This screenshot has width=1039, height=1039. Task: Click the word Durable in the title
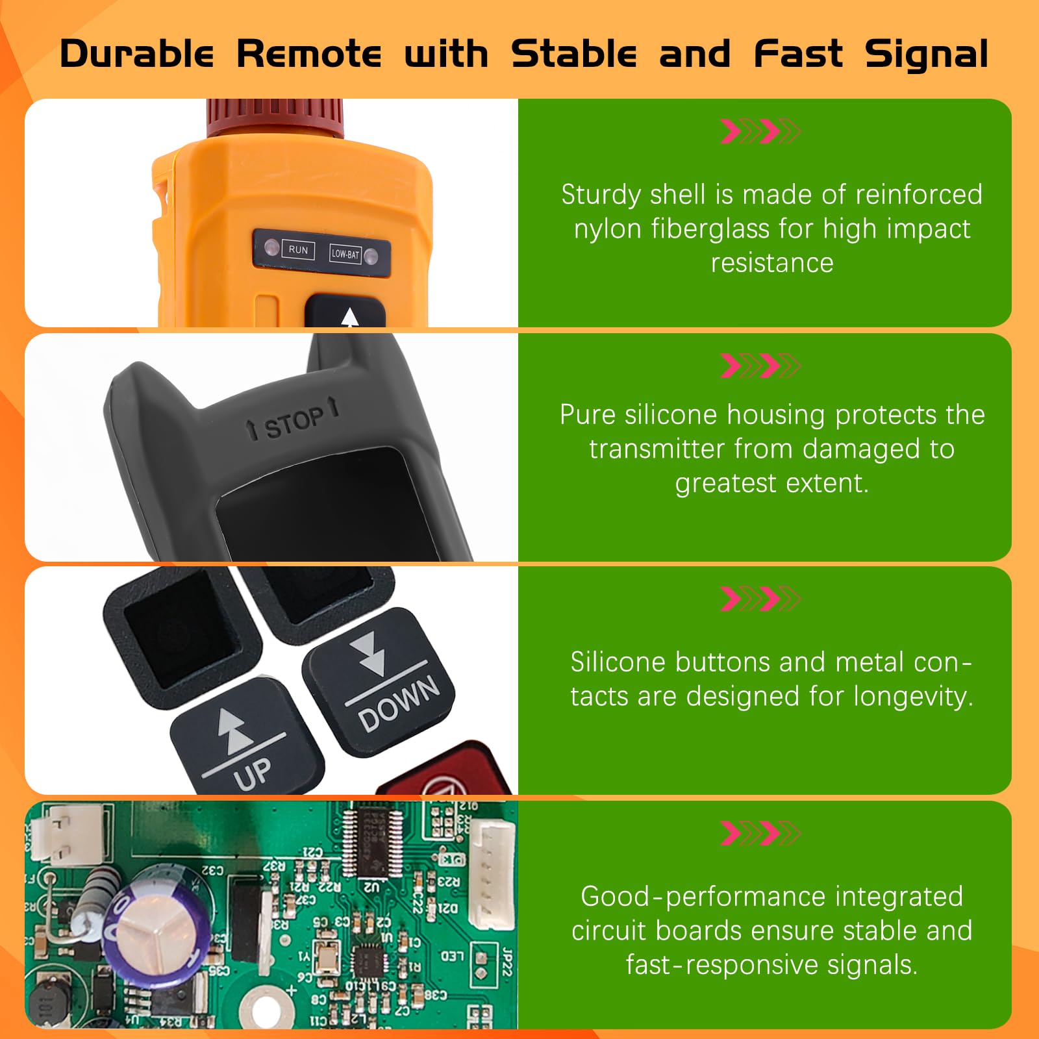[x=136, y=54]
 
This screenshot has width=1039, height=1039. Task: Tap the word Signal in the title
[x=927, y=54]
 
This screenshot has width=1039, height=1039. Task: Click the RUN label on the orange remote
[x=298, y=250]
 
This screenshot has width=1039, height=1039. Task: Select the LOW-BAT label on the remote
[x=345, y=254]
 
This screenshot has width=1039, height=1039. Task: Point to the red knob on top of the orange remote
[x=275, y=117]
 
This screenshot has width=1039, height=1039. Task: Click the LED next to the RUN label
[x=271, y=247]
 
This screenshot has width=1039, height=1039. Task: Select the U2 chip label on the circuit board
[x=371, y=886]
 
